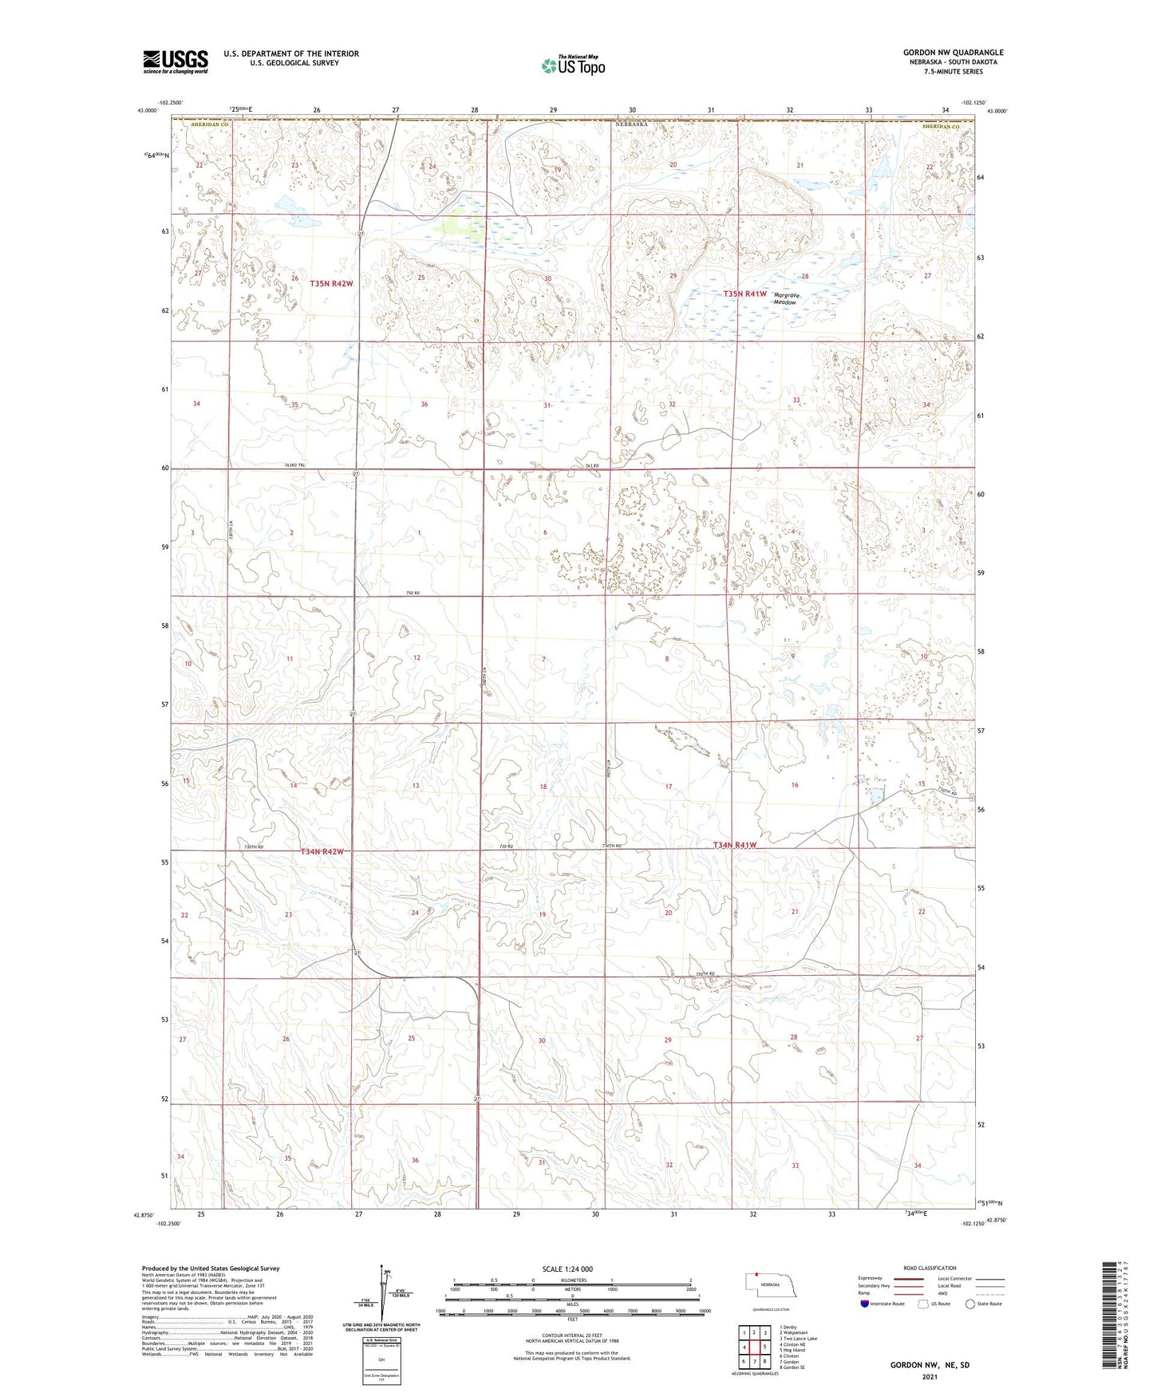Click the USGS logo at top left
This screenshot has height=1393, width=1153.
(x=176, y=61)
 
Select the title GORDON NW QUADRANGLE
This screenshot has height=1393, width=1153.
(x=953, y=53)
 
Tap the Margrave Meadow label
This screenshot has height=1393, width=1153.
(x=786, y=298)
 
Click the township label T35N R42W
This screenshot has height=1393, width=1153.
(x=332, y=283)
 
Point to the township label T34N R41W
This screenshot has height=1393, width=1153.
(x=734, y=844)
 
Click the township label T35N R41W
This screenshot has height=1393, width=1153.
(x=745, y=294)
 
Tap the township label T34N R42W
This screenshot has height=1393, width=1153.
(x=322, y=851)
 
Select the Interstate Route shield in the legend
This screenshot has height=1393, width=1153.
(x=865, y=1304)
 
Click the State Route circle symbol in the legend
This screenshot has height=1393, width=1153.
(x=969, y=1304)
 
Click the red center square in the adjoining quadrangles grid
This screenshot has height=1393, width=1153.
(x=755, y=1347)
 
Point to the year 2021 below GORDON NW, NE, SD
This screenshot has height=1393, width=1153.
(x=929, y=1377)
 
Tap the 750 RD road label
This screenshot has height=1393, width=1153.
(x=412, y=593)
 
